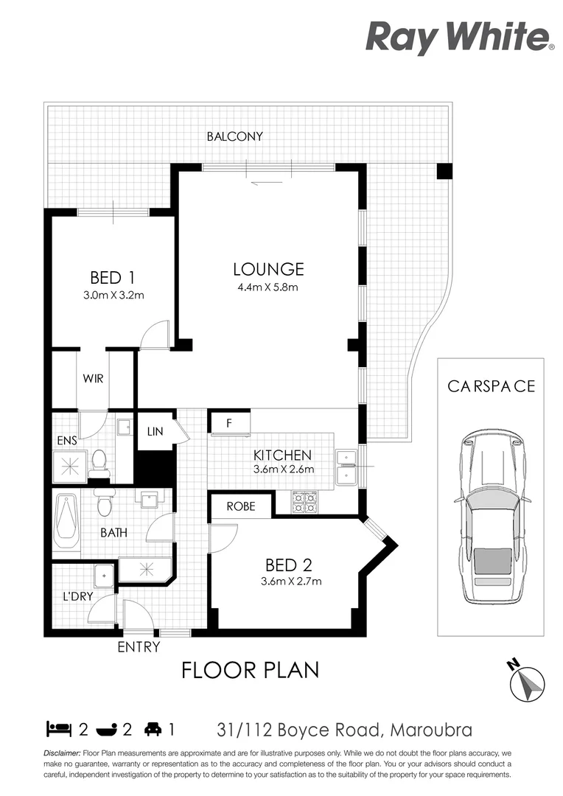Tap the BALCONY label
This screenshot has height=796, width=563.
234,136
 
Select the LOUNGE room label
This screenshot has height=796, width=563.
268,269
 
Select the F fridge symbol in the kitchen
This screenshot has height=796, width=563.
229,423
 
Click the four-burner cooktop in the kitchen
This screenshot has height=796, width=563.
305,503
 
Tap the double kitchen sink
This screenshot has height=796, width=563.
345,467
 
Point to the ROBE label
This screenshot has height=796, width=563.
241,506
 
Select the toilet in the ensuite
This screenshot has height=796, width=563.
99,464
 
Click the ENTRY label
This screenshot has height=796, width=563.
139,647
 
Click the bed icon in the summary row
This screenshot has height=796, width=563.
58,730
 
